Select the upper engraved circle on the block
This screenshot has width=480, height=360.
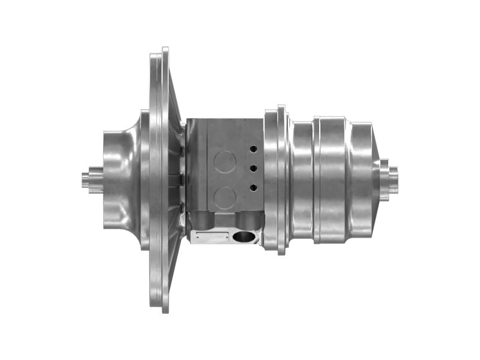(225, 161)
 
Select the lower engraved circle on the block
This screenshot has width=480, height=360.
(225, 197)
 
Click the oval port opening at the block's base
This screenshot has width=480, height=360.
(244, 238)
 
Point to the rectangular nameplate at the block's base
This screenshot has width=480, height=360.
(212, 238)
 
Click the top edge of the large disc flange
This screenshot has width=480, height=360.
(164, 52)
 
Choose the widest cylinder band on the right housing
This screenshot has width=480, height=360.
(332, 179)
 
